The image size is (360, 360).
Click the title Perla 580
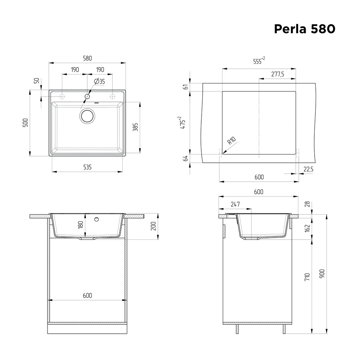point(305,29)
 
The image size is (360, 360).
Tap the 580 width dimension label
point(87,58)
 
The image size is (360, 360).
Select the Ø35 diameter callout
point(100,81)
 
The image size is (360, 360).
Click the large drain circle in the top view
point(87,116)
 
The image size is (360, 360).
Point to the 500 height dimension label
point(25,123)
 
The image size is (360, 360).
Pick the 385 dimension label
point(135,127)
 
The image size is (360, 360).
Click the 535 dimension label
point(87,167)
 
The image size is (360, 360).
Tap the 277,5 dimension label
point(278,74)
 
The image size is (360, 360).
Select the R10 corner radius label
point(231,140)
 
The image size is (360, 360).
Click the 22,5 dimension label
point(309,169)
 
